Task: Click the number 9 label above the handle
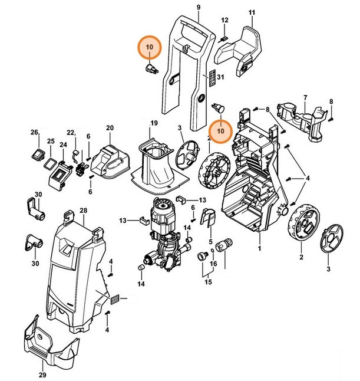click(199, 6)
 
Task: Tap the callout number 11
click(252, 13)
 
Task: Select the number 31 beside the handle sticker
click(222, 77)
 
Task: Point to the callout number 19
click(154, 123)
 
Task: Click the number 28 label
click(83, 211)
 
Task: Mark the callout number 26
click(34, 132)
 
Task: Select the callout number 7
click(305, 97)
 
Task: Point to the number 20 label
click(109, 128)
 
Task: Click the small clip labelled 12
click(223, 39)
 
